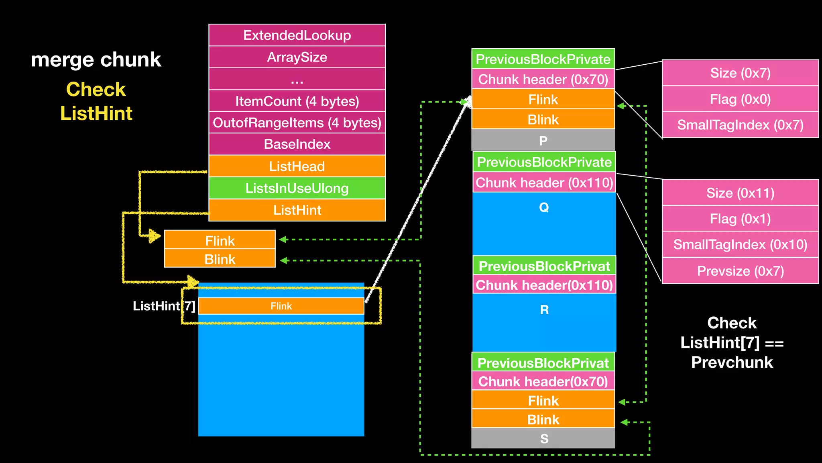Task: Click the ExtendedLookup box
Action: tap(297, 35)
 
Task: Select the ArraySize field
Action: tap(297, 57)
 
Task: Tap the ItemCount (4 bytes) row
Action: tap(297, 101)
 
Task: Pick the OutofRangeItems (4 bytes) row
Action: tap(297, 123)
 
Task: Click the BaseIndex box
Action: tap(297, 144)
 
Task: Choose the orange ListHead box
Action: tap(297, 166)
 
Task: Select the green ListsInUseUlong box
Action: tap(297, 188)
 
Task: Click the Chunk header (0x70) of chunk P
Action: tap(543, 79)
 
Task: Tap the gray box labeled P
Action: tap(543, 140)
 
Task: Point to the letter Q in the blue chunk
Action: tap(544, 207)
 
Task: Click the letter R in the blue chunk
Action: tap(544, 310)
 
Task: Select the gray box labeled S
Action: tap(543, 438)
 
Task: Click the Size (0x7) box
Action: tap(740, 73)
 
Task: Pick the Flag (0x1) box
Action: tap(740, 219)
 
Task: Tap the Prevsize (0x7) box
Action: tap(740, 271)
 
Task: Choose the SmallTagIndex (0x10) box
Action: tap(740, 244)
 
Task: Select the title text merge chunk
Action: tap(96, 59)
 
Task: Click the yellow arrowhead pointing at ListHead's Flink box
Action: tap(154, 236)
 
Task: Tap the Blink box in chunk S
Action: tap(543, 420)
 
